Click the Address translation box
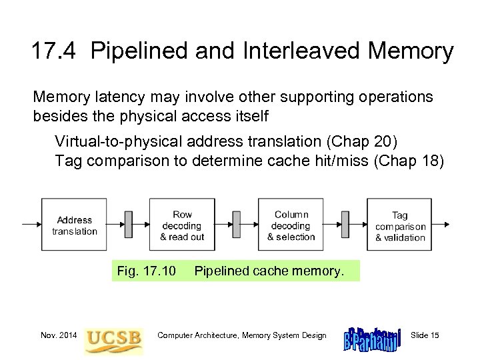74,225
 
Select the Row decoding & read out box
182,225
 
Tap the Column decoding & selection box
291,225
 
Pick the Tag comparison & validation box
399,225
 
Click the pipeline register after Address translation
128,225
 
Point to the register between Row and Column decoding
236,225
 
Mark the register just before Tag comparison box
345,225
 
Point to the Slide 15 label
425,335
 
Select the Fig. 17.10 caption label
146,271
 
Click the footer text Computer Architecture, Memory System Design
242,335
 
